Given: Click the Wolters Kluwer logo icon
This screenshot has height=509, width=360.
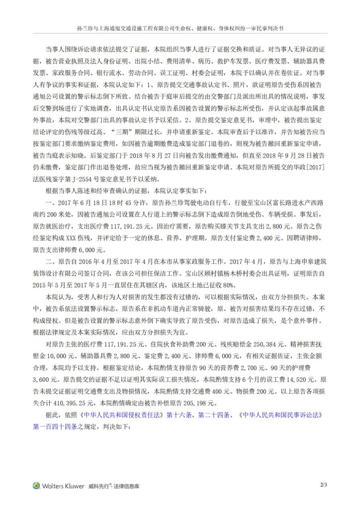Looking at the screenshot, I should point(36,486).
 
